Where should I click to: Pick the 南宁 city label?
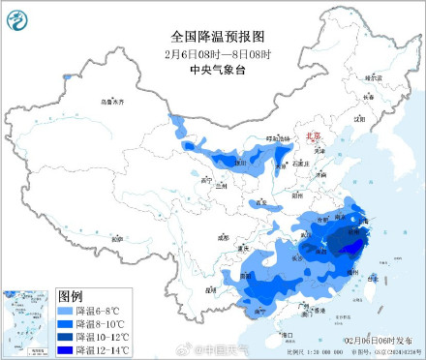click(260, 312)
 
